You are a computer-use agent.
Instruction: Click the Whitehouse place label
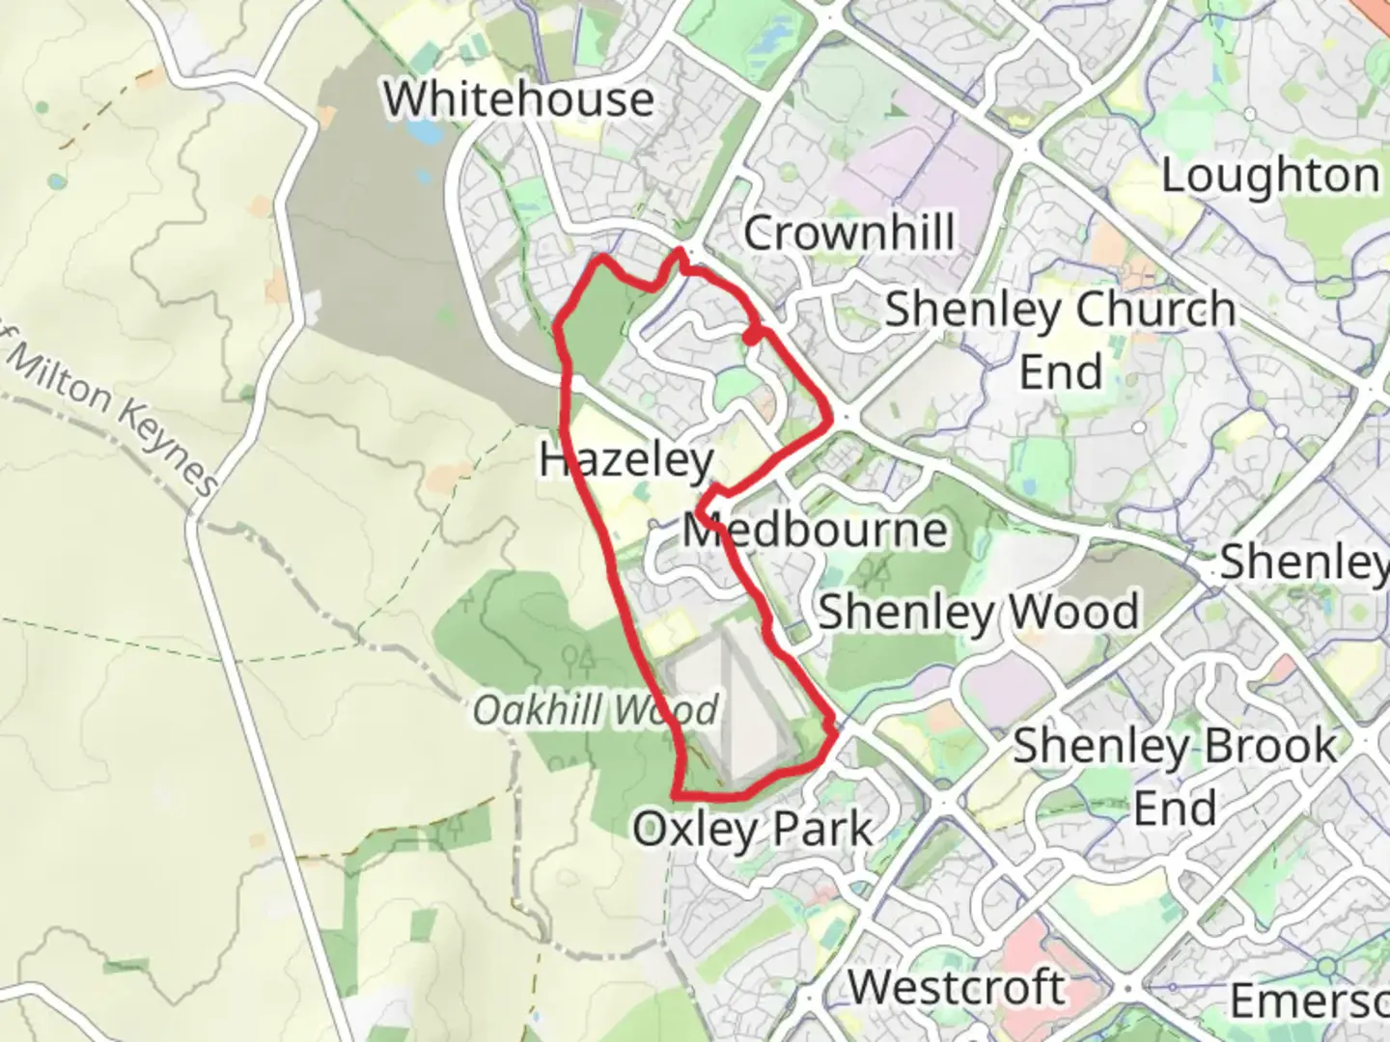[518, 99]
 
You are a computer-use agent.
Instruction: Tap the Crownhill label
[848, 233]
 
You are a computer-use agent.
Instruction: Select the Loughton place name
[1269, 177]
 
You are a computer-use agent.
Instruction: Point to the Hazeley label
[625, 460]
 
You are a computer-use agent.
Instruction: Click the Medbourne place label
[815, 531]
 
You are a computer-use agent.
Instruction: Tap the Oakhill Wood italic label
[596, 711]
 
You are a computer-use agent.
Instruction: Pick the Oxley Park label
[752, 829]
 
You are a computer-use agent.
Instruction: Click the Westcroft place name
[957, 987]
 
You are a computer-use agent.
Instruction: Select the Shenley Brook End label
[1175, 777]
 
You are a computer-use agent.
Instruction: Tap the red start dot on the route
[750, 337]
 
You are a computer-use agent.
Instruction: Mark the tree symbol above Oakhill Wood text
[579, 661]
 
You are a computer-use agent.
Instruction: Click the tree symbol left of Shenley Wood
[878, 575]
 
